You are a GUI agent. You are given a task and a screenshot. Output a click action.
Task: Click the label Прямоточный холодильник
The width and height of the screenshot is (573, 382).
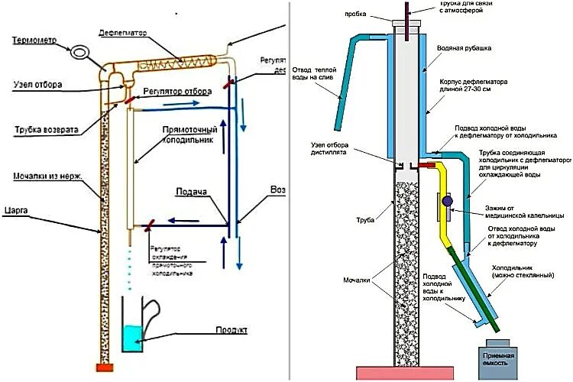tap(190, 136)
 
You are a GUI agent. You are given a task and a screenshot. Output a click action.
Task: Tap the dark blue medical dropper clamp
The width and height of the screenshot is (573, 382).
tap(447, 202)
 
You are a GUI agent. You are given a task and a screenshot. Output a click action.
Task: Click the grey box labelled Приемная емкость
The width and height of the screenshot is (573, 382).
tap(498, 360)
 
